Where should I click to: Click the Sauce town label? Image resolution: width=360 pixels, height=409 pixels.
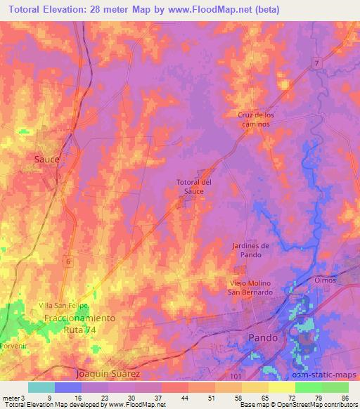coord(47,160)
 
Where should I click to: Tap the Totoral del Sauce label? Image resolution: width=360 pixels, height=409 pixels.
coord(194,186)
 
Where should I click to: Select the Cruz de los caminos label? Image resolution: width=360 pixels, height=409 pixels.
coord(252,119)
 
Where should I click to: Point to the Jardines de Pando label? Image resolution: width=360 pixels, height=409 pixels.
coord(251,249)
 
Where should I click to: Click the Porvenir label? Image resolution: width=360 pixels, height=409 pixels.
coord(12,345)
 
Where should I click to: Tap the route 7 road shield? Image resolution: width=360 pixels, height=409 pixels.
coord(316,64)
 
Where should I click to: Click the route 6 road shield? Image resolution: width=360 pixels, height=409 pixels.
coord(68,261)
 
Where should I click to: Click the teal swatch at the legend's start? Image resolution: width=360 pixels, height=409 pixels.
coord(41,387)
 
